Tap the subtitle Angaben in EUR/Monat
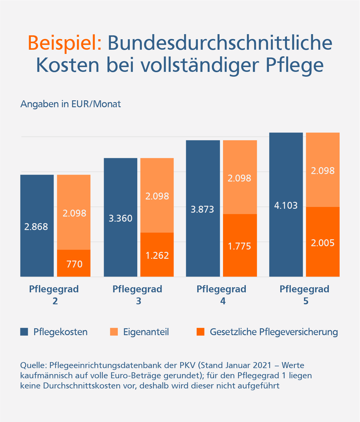coord(70,104)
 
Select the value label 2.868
coord(36,227)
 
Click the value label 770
coord(74,264)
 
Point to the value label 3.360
coord(120,218)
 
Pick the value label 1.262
coord(157,255)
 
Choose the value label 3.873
coord(202,209)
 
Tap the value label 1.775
coord(240,246)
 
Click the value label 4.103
coord(286,205)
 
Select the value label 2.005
coord(323,243)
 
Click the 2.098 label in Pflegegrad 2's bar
coord(74,213)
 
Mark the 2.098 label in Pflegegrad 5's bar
coord(323,171)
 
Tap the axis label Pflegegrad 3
coord(138,295)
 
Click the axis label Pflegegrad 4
coord(222,295)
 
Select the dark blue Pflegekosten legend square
coord(24,332)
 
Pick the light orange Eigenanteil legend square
coord(114,332)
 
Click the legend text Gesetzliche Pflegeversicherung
coord(274,332)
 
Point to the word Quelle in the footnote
coord(33,365)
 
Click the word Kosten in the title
coord(67,66)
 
